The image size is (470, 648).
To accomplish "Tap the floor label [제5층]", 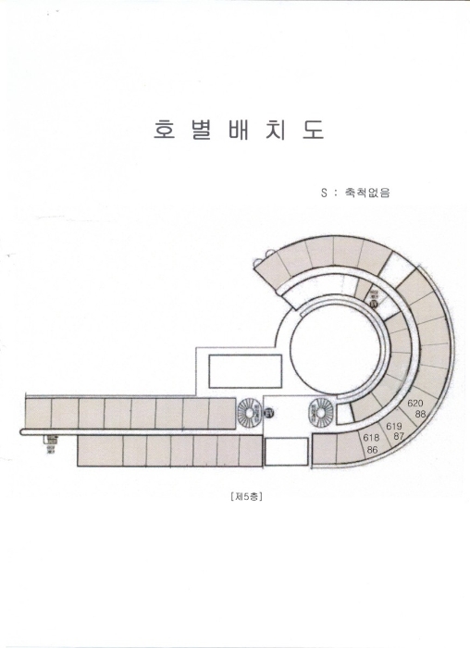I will (x=245, y=496).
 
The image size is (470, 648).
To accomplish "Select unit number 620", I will (x=415, y=403).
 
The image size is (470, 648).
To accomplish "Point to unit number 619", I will (x=394, y=425).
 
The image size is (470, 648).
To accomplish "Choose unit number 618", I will (x=372, y=438).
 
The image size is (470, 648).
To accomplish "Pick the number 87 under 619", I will (x=399, y=435).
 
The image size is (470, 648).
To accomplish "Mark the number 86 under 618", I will (x=372, y=449).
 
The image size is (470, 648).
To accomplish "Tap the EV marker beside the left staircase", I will (x=269, y=412).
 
